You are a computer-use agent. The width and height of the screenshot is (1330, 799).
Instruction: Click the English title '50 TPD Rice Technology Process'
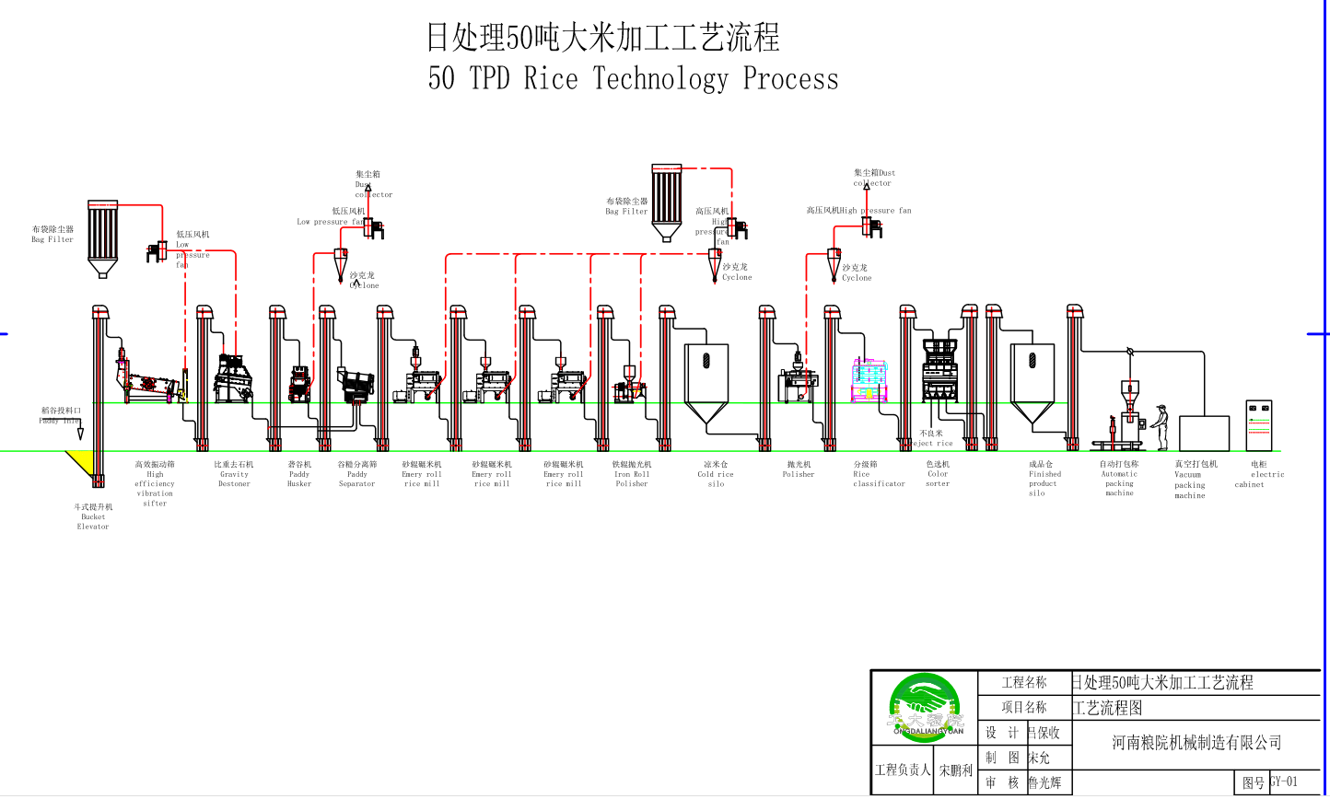633,78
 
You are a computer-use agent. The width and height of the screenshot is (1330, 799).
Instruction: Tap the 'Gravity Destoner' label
234,474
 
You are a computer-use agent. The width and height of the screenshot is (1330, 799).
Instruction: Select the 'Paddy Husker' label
299,474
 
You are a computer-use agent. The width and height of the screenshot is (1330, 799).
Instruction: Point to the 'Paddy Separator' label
356,474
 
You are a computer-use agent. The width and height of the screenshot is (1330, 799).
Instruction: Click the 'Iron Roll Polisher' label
632,474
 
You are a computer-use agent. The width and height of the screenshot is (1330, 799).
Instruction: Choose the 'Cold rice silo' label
716,474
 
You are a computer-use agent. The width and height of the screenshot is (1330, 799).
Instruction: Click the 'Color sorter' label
938,474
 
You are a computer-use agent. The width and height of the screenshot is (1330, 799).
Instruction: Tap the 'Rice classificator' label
878,474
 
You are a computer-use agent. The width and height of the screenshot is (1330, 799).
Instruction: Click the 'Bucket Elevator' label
93,516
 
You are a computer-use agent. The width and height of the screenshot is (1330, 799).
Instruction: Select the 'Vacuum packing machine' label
1190,480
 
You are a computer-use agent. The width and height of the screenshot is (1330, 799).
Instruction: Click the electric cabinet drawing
1258,425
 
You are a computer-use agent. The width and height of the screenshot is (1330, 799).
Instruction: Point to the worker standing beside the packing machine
1161,426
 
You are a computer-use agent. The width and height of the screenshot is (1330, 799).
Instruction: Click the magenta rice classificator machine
869,379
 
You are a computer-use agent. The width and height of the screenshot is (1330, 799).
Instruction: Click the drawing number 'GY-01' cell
1284,782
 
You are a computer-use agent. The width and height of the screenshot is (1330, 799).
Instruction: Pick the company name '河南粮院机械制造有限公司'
1196,743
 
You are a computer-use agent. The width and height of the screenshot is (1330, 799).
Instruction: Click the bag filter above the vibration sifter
102,236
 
